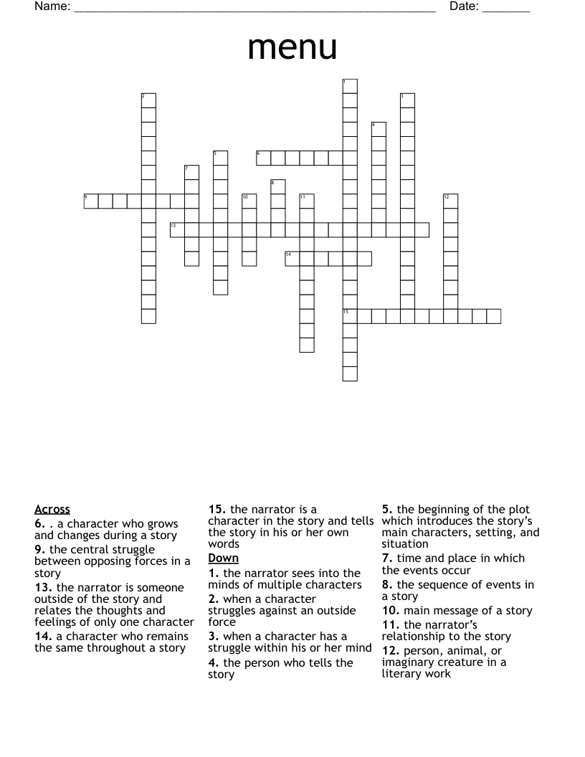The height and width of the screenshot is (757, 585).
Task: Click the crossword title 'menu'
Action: coord(292,47)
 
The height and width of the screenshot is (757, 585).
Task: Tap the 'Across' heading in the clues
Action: coord(52,510)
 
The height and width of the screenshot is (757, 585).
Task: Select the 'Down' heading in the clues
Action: coord(223,558)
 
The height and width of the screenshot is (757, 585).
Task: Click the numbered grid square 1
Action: coord(350,86)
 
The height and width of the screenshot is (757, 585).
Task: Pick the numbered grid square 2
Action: coord(148,100)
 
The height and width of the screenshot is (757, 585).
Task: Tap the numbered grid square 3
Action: coord(407,100)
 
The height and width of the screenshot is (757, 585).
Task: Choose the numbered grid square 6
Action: coord(263,158)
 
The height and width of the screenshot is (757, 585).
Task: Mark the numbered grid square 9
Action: coord(91,201)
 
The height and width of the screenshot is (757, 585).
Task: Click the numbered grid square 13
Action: coord(177,229)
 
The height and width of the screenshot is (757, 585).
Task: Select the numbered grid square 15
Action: coord(350,315)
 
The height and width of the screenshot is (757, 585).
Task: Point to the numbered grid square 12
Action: coord(450,201)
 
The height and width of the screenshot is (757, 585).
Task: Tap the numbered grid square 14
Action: coord(292,258)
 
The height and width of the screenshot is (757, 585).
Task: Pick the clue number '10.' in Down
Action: coord(391,611)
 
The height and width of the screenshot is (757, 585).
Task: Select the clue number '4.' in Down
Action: coord(213,662)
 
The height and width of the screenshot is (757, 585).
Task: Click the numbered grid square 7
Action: coord(191,172)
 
